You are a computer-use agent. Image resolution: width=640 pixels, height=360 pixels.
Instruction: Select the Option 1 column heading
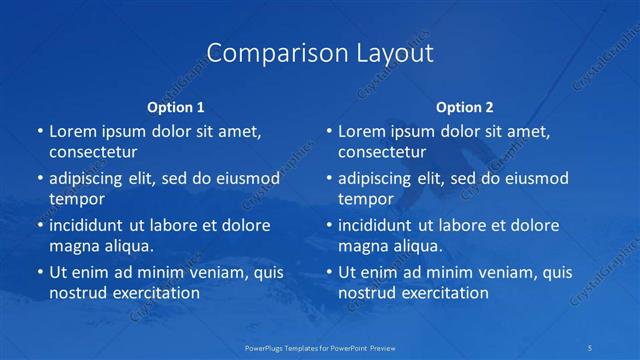click(x=176, y=107)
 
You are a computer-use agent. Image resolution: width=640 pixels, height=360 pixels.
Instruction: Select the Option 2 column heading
click(x=465, y=107)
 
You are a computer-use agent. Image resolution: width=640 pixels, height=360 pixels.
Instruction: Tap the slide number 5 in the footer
click(x=591, y=346)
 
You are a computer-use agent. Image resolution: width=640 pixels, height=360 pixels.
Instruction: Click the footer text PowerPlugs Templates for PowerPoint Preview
click(x=320, y=346)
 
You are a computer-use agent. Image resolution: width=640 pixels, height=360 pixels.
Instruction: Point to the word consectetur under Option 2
click(x=382, y=153)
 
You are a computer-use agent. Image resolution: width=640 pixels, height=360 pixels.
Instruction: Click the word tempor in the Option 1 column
click(x=76, y=199)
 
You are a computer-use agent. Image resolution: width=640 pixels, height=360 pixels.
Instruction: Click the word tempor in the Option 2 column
click(x=366, y=199)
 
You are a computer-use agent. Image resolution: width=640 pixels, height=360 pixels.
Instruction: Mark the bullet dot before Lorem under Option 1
click(x=39, y=131)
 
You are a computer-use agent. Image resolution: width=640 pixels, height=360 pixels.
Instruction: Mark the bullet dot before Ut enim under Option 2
click(x=328, y=272)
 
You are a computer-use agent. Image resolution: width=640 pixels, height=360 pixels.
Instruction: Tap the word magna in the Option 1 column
click(x=72, y=246)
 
